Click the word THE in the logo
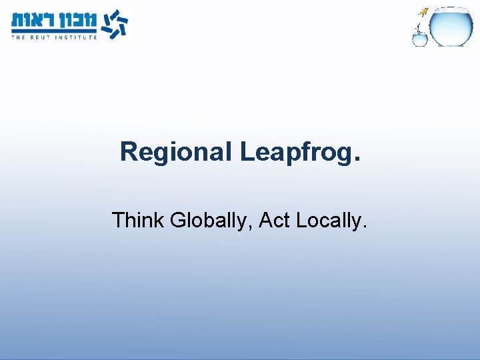(x=18, y=37)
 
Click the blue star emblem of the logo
(x=114, y=23)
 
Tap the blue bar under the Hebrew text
(x=54, y=31)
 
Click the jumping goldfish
(x=423, y=11)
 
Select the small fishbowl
(x=420, y=39)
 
